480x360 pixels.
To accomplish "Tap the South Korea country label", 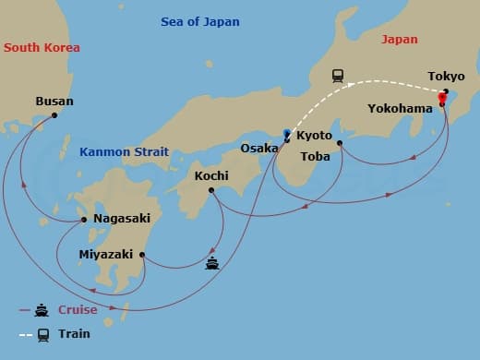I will pos(42,47).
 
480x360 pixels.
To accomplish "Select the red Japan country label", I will pos(399,40).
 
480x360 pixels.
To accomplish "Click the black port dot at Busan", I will pos(54,114).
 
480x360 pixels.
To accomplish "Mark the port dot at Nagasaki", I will pos(84,220).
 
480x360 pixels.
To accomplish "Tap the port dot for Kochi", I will pos(211,190).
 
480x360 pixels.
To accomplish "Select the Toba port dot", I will pos(340,142).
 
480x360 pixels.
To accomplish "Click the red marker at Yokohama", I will pos(442,100).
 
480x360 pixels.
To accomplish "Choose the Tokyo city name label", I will pos(446,76).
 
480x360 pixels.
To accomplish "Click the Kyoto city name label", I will pos(315,136).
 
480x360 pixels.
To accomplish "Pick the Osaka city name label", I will pos(258,148).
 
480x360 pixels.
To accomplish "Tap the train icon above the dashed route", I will pos(339,76).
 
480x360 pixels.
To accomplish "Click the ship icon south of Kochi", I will pos(211,264).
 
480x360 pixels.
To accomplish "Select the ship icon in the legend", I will pos(42,310).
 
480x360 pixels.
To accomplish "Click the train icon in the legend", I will pos(42,334).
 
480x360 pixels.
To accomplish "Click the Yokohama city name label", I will pos(400,107).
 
